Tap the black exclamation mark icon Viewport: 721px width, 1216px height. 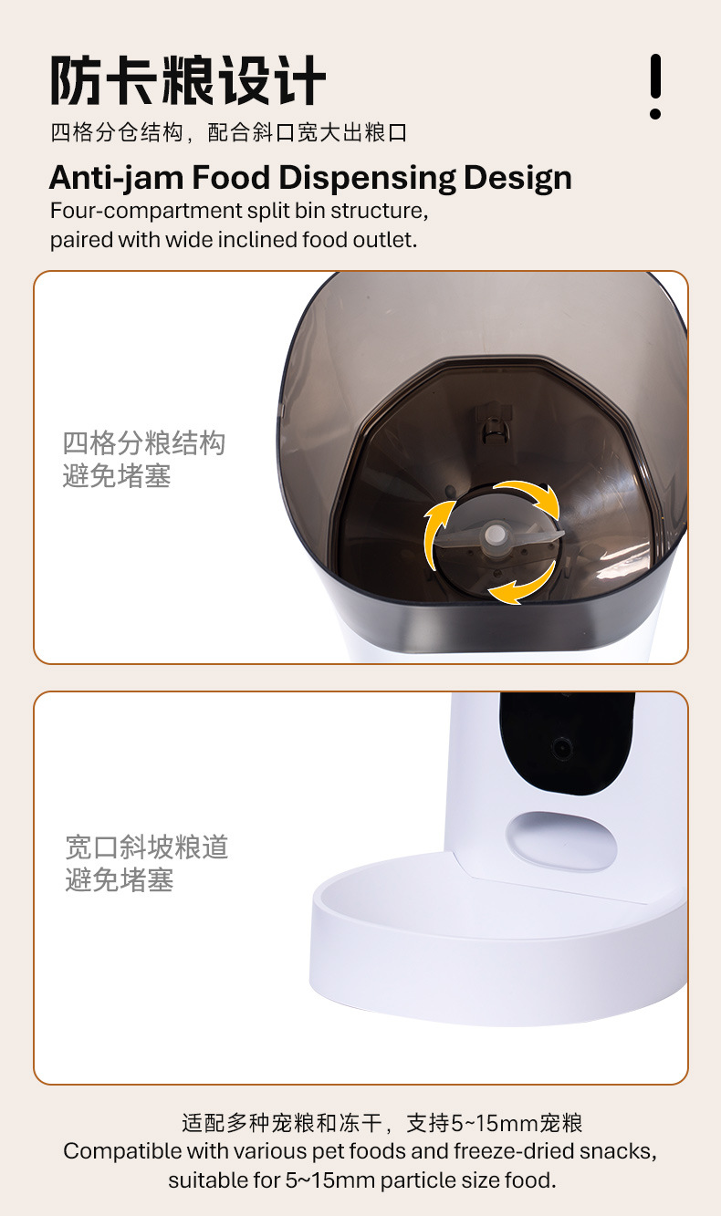(x=654, y=86)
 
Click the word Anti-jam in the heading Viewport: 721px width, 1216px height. (x=115, y=177)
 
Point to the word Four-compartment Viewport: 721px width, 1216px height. (x=146, y=211)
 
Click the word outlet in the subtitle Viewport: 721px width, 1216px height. (x=389, y=240)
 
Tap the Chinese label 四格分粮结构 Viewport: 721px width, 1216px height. (x=143, y=444)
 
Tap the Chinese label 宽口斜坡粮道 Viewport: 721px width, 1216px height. (x=147, y=847)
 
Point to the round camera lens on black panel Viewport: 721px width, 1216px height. (x=563, y=749)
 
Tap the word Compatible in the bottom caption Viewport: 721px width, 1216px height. (x=121, y=1150)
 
